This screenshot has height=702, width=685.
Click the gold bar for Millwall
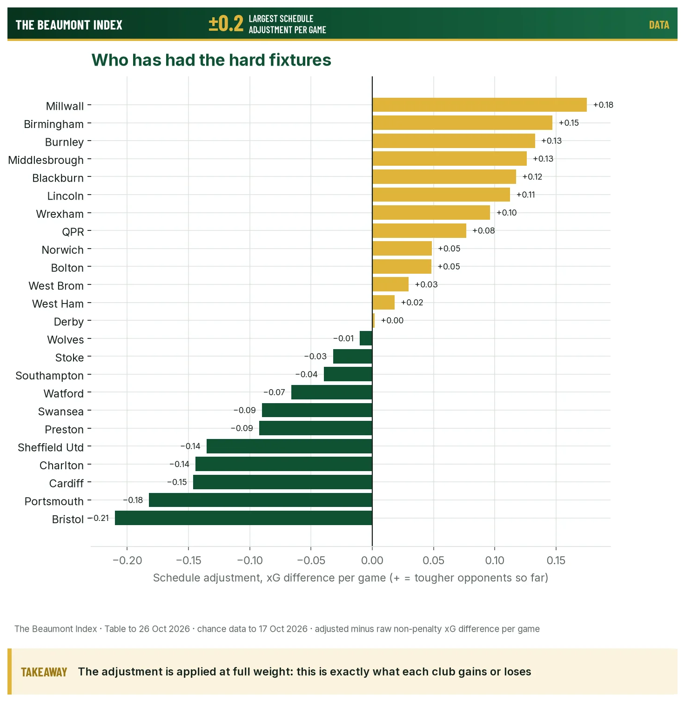(479, 105)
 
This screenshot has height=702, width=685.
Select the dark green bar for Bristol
(243, 518)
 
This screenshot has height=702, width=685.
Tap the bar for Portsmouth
(261, 500)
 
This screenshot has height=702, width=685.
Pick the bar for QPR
(419, 230)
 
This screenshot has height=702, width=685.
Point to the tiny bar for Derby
(374, 320)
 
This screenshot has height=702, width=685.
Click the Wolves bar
(366, 338)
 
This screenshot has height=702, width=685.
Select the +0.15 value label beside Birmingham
(569, 123)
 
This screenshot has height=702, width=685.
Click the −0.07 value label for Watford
(274, 392)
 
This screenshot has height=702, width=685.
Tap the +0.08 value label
(484, 230)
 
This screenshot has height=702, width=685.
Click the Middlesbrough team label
(46, 160)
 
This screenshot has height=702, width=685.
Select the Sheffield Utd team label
(51, 447)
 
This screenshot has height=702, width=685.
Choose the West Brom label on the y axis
(56, 286)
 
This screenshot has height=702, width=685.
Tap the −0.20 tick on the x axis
(127, 560)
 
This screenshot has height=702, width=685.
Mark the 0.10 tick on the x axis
(495, 560)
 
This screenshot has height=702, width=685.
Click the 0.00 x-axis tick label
(372, 560)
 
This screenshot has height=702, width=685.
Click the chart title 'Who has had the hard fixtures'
(211, 60)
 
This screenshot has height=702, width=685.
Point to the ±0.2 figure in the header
(226, 23)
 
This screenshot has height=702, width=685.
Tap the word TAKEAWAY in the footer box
(44, 672)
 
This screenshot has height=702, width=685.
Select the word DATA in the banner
(659, 25)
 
